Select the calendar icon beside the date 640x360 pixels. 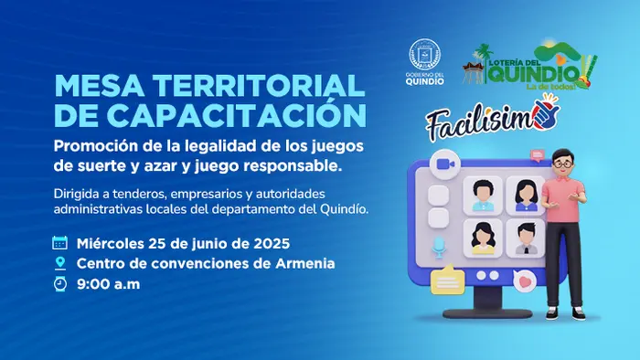60,243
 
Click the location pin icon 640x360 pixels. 60,263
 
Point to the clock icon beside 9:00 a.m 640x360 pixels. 60,284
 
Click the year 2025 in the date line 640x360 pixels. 270,243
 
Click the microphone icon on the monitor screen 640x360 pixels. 440,246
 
